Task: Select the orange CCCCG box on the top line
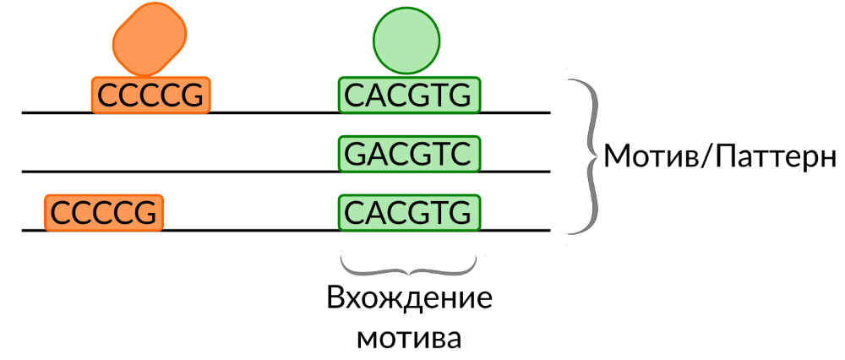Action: (150, 95)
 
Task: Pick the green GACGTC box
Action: (409, 154)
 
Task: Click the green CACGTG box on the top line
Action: (409, 95)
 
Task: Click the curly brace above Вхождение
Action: (409, 269)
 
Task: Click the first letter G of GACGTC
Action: (356, 154)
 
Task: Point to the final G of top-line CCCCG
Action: (194, 95)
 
